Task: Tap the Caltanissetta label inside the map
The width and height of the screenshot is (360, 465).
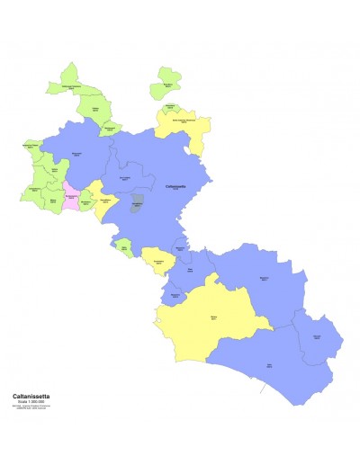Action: point(176,186)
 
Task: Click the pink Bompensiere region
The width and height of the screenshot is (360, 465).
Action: point(70,194)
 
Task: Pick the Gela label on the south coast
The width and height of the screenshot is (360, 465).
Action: point(268,365)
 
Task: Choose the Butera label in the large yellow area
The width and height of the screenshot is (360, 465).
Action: point(214,318)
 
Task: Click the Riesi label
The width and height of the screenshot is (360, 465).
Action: point(190,269)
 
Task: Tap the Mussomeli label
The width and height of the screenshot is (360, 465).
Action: point(76,154)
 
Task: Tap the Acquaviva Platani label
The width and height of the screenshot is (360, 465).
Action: point(31,146)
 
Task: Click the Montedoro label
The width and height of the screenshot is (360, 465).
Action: point(85,203)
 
